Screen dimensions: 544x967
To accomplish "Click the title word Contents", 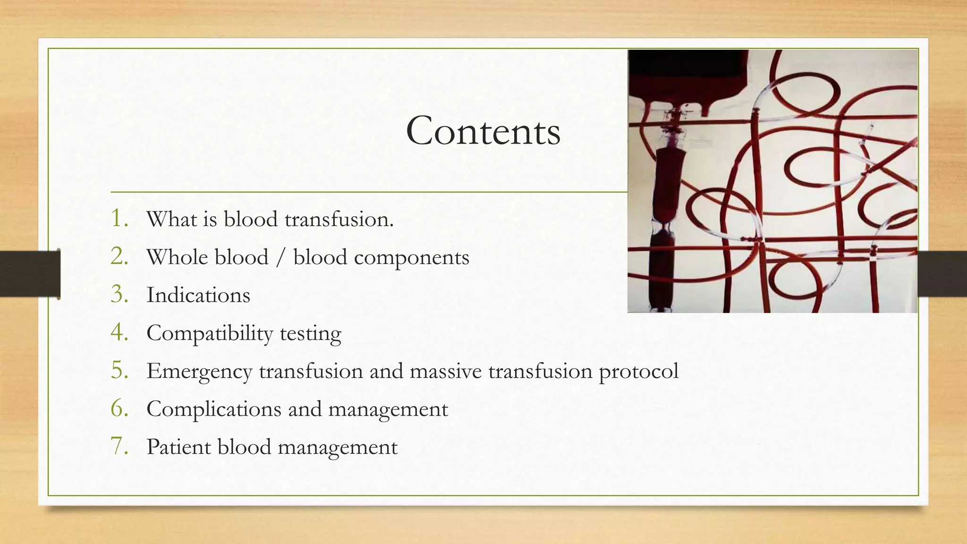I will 483,131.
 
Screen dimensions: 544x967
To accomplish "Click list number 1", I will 119,219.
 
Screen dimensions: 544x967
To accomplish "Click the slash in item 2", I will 281,258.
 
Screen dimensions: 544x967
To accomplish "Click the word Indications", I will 198,295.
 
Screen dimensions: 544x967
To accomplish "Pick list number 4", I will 119,332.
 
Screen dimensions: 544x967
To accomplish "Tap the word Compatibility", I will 210,334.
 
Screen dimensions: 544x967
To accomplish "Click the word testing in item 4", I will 310,334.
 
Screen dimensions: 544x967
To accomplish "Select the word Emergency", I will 199,372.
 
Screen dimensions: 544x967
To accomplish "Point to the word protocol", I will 638,372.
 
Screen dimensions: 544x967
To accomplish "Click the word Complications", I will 214,409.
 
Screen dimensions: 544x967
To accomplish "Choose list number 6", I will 119,408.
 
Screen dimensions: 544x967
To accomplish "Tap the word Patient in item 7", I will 178,447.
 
